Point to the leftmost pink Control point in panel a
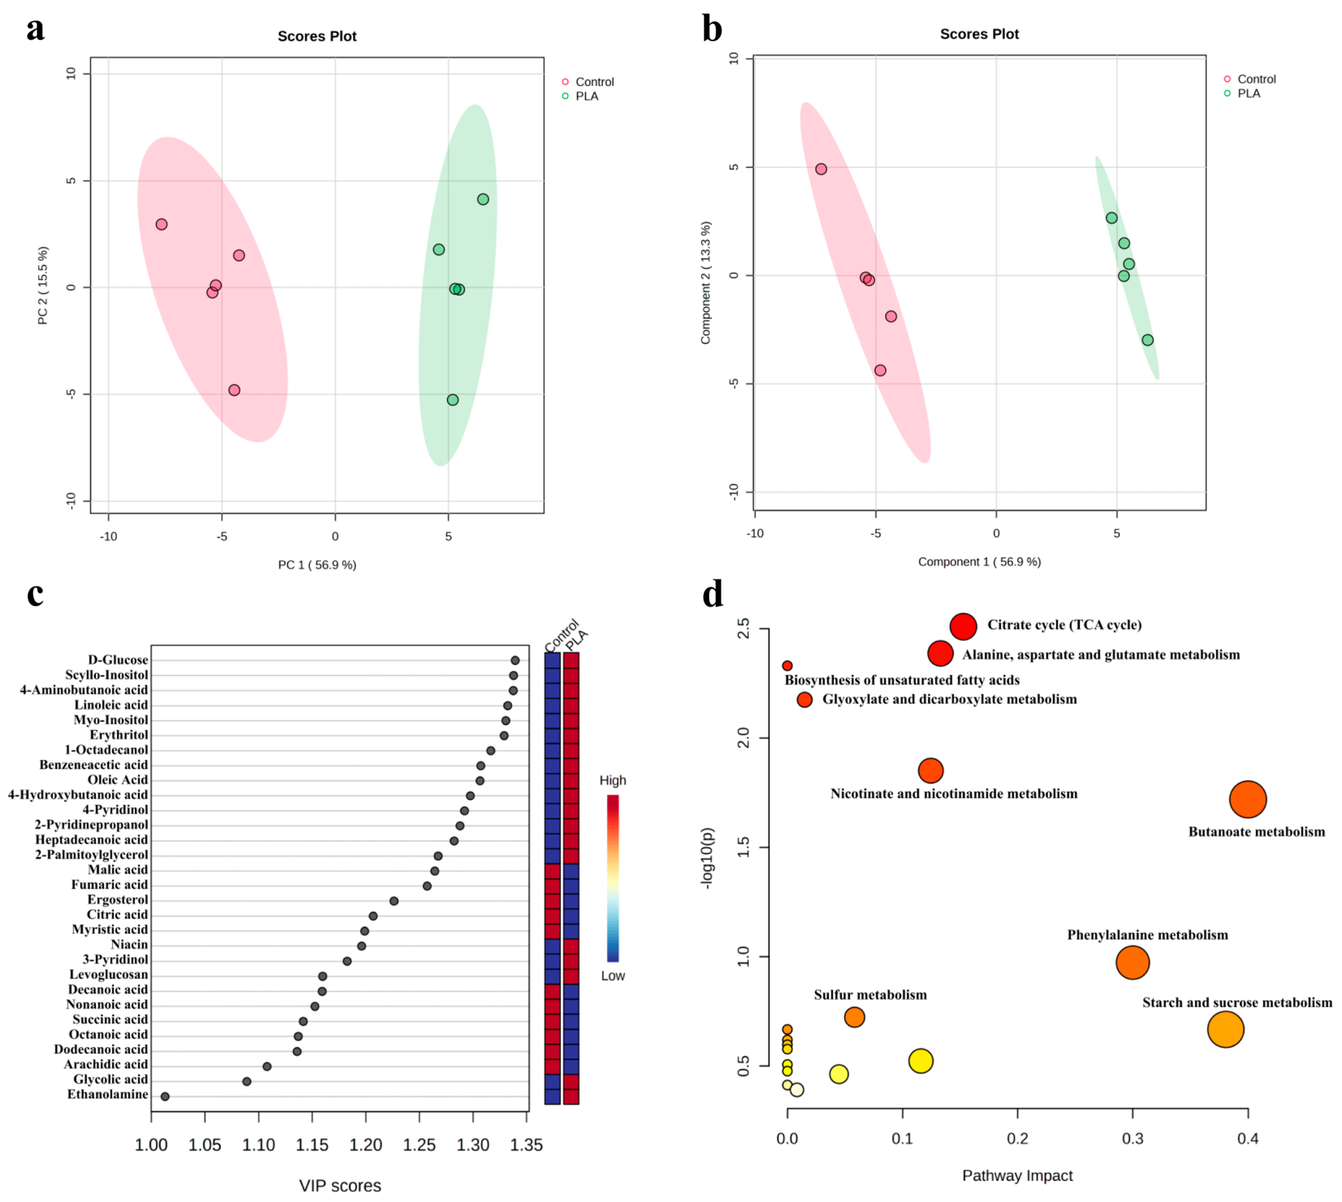(161, 225)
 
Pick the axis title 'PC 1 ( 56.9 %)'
(317, 565)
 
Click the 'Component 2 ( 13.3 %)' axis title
(706, 283)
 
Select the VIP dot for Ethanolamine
(165, 1096)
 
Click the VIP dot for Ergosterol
(394, 901)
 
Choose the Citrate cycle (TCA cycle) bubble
(963, 626)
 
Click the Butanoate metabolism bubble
(1247, 799)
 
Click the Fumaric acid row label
(110, 884)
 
